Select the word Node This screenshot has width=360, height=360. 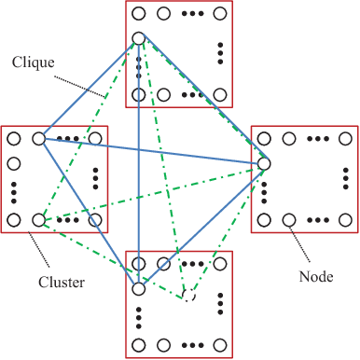(x=317, y=277)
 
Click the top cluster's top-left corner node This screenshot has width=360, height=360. (x=139, y=14)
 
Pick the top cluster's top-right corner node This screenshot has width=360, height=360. (x=220, y=14)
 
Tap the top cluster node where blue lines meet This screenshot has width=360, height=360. (x=139, y=39)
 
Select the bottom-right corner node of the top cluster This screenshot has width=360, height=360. (x=220, y=94)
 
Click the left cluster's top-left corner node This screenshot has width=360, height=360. (x=14, y=139)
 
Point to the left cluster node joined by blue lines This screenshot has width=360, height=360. (x=39, y=139)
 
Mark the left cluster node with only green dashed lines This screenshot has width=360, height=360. (x=39, y=220)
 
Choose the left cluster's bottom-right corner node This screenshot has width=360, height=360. (x=95, y=220)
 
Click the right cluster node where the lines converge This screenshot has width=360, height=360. (x=264, y=164)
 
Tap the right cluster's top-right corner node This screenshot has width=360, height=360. (x=345, y=139)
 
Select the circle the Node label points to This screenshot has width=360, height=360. (x=289, y=220)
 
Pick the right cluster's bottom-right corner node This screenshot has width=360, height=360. (x=345, y=220)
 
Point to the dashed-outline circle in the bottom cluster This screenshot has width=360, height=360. (x=189, y=296)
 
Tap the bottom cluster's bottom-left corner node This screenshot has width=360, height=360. (x=139, y=345)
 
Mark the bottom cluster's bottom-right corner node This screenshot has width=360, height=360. (x=220, y=345)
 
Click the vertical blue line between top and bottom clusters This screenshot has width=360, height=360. (x=139, y=187)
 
